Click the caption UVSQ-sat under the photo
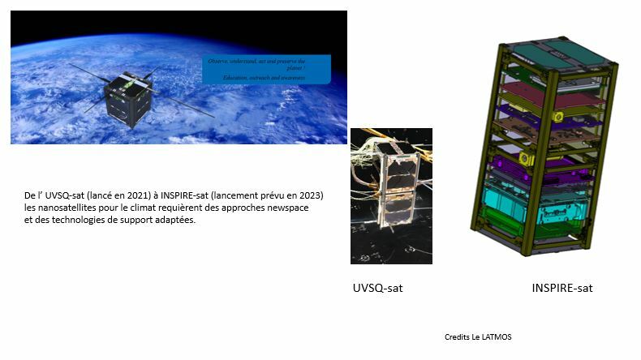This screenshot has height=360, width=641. coord(378,288)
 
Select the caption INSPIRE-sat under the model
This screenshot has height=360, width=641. coord(562,288)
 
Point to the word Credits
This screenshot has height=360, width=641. coord(457,336)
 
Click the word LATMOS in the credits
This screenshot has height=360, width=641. coord(498,336)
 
